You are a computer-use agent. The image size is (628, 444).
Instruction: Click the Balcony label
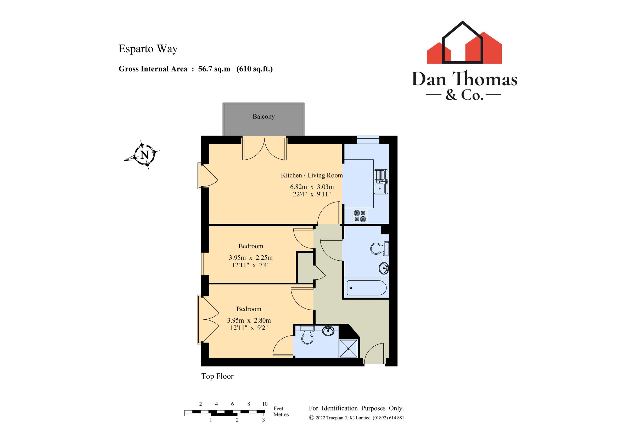pyautogui.click(x=263, y=116)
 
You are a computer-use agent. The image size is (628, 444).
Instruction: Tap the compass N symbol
pyautogui.click(x=145, y=155)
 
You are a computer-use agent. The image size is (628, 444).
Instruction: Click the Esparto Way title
pyautogui.click(x=148, y=49)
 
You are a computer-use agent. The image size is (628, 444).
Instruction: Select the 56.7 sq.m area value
pyautogui.click(x=214, y=69)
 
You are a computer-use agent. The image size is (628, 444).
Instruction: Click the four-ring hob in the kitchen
pyautogui.click(x=360, y=216)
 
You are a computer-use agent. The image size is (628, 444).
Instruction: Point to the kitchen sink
pyautogui.click(x=381, y=182)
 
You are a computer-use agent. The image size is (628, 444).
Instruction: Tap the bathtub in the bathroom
pyautogui.click(x=366, y=288)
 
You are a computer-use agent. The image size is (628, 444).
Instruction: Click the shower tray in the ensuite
pyautogui.click(x=348, y=349)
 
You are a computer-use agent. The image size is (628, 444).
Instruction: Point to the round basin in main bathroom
pyautogui.click(x=384, y=268)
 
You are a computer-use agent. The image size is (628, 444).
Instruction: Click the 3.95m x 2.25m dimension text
pyautogui.click(x=250, y=258)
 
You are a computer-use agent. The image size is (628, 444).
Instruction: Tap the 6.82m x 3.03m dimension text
pyautogui.click(x=312, y=187)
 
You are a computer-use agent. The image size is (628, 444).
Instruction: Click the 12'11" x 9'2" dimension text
pyautogui.click(x=249, y=328)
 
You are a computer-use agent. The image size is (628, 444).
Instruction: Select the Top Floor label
pyautogui.click(x=217, y=376)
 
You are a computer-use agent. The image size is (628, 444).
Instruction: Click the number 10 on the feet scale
pyautogui.click(x=265, y=404)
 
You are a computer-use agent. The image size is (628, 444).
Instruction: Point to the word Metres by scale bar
pyautogui.click(x=281, y=414)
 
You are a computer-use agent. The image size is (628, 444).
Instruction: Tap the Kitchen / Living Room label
pyautogui.click(x=312, y=175)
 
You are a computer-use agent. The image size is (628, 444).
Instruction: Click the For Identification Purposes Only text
pyautogui.click(x=356, y=408)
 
